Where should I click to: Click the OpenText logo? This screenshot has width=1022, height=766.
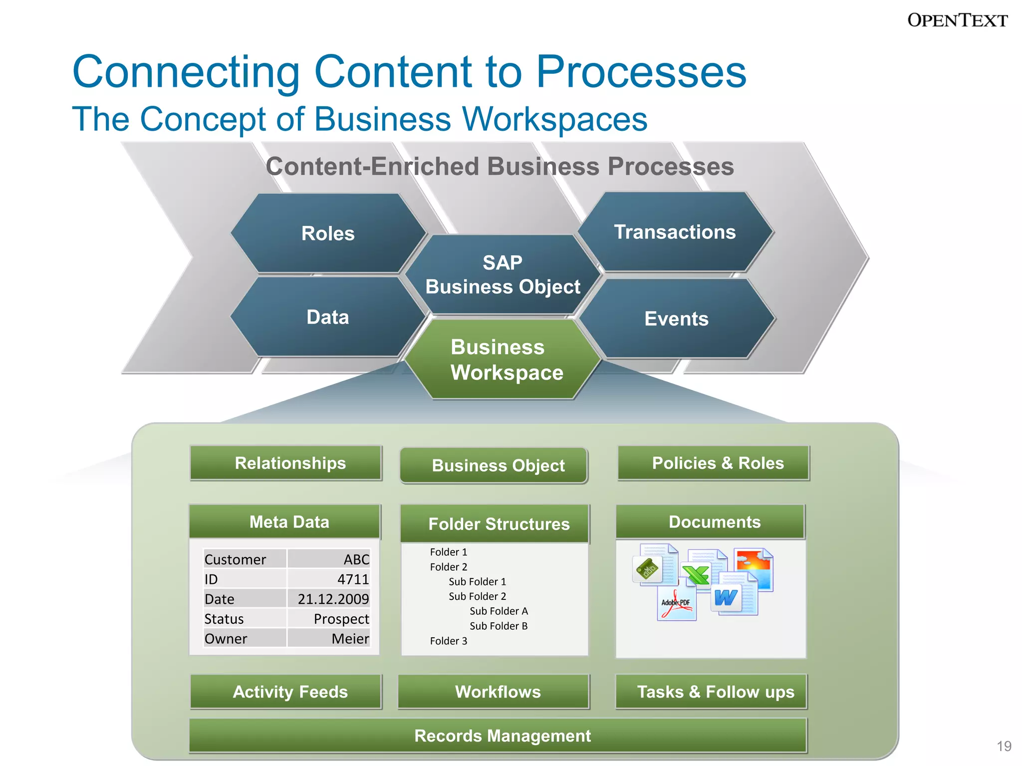click(957, 20)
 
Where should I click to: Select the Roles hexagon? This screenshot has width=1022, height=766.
click(328, 233)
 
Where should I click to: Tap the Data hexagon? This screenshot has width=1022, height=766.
click(328, 317)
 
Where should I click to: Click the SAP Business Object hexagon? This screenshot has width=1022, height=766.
click(503, 275)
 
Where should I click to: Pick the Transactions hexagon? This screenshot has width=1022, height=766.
click(675, 232)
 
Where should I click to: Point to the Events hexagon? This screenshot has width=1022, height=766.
click(676, 319)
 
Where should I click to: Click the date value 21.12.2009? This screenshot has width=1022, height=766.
click(333, 599)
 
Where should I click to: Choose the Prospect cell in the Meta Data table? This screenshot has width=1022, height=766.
click(341, 619)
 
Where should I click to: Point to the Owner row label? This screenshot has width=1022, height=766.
click(226, 639)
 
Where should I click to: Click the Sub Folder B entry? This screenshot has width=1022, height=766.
click(498, 626)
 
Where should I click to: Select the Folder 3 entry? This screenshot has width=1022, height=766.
click(449, 641)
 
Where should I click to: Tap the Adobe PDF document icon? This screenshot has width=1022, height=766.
click(676, 604)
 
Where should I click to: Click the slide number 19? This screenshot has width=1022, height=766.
click(1004, 746)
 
